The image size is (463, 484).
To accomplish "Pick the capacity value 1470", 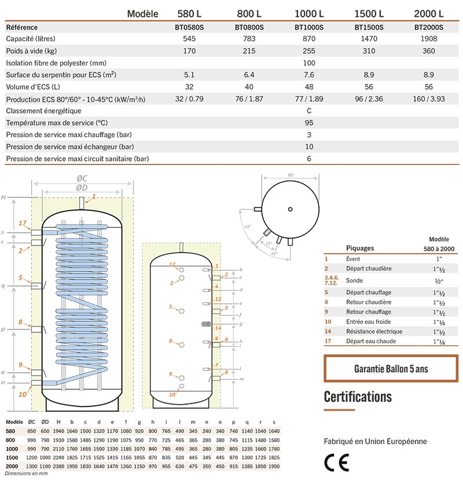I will click(x=368, y=38).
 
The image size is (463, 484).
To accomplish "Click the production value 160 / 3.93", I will click(x=428, y=99).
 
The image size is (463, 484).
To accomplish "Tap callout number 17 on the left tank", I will click(x=23, y=223).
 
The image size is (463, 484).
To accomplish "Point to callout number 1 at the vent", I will click(x=94, y=197).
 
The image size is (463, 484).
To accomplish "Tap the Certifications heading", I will click(x=358, y=397).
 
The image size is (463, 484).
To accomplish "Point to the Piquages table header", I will click(x=359, y=248).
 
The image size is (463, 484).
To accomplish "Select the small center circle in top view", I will click(x=291, y=208).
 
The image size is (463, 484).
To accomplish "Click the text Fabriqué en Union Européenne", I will click(x=375, y=441).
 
